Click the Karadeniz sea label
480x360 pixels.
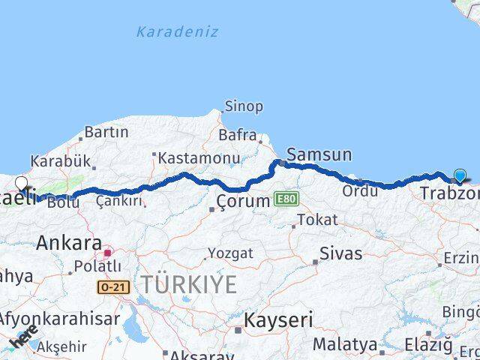[x=178, y=32]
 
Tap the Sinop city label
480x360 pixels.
[x=244, y=106]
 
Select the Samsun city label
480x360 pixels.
[x=319, y=155]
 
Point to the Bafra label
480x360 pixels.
[x=237, y=136]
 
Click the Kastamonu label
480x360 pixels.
[x=199, y=158]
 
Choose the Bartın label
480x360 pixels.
[x=106, y=132]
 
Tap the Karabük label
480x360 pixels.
[x=60, y=161]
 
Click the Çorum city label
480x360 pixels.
[x=242, y=201]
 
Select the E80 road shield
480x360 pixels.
[x=285, y=199]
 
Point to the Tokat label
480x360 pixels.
[x=317, y=220]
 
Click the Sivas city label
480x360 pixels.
[x=340, y=253]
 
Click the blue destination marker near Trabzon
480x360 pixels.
[x=460, y=176]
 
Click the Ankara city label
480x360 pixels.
[x=69, y=243]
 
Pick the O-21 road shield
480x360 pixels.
[x=113, y=286]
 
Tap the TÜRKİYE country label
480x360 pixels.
[x=190, y=284]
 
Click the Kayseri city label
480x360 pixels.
[x=278, y=321]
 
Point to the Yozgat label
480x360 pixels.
[x=231, y=253]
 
